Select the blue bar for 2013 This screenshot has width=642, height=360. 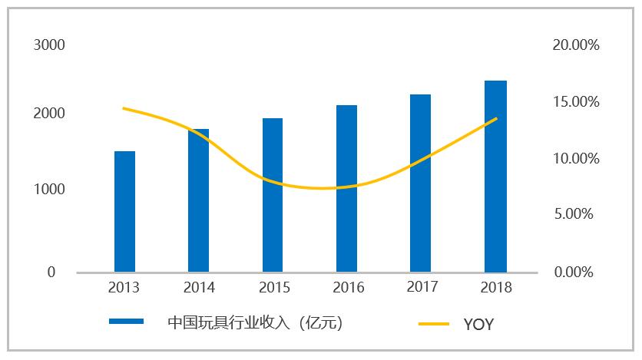[x=124, y=211]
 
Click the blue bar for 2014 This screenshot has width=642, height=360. [x=198, y=200]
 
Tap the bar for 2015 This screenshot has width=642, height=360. [x=273, y=195]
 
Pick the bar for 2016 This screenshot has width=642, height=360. [x=346, y=188]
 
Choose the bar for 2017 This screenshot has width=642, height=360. [x=420, y=183]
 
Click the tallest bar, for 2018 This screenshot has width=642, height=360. [x=495, y=176]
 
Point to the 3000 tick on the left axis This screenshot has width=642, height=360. [x=49, y=45]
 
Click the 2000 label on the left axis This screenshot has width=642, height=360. [x=49, y=114]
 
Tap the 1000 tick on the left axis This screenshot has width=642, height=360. [x=49, y=189]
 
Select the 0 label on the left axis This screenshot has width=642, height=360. [x=51, y=272]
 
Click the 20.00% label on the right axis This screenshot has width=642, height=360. [x=575, y=45]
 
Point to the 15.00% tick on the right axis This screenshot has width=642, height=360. [x=575, y=102]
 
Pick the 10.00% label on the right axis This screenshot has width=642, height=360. [x=575, y=159]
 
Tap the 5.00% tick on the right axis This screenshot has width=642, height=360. [x=575, y=215]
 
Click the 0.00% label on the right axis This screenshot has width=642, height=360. [x=575, y=272]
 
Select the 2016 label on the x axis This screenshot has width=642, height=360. [x=348, y=289]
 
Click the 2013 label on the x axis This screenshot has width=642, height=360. [x=124, y=289]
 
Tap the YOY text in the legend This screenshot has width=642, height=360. [x=478, y=325]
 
